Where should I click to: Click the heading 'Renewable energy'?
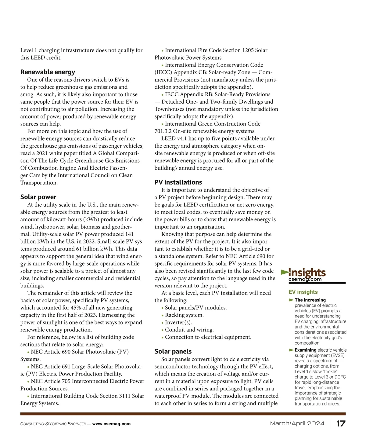point(48,72)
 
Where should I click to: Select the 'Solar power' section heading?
point(38,197)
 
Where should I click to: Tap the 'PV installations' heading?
point(178,182)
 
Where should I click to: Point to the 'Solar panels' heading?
point(173,352)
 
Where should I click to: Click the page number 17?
point(341,424)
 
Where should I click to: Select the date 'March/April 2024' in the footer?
point(297,423)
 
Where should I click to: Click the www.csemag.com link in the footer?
point(111,424)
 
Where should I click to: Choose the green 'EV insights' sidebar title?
point(303,292)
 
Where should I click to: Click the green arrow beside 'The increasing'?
point(291,300)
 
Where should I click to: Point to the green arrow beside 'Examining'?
point(291,350)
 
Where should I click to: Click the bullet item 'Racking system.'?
point(184,315)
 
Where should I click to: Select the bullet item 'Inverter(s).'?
point(178,322)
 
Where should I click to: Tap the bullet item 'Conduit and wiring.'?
point(189,330)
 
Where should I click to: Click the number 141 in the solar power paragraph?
point(129,234)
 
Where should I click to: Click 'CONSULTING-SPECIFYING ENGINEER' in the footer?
point(53,424)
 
